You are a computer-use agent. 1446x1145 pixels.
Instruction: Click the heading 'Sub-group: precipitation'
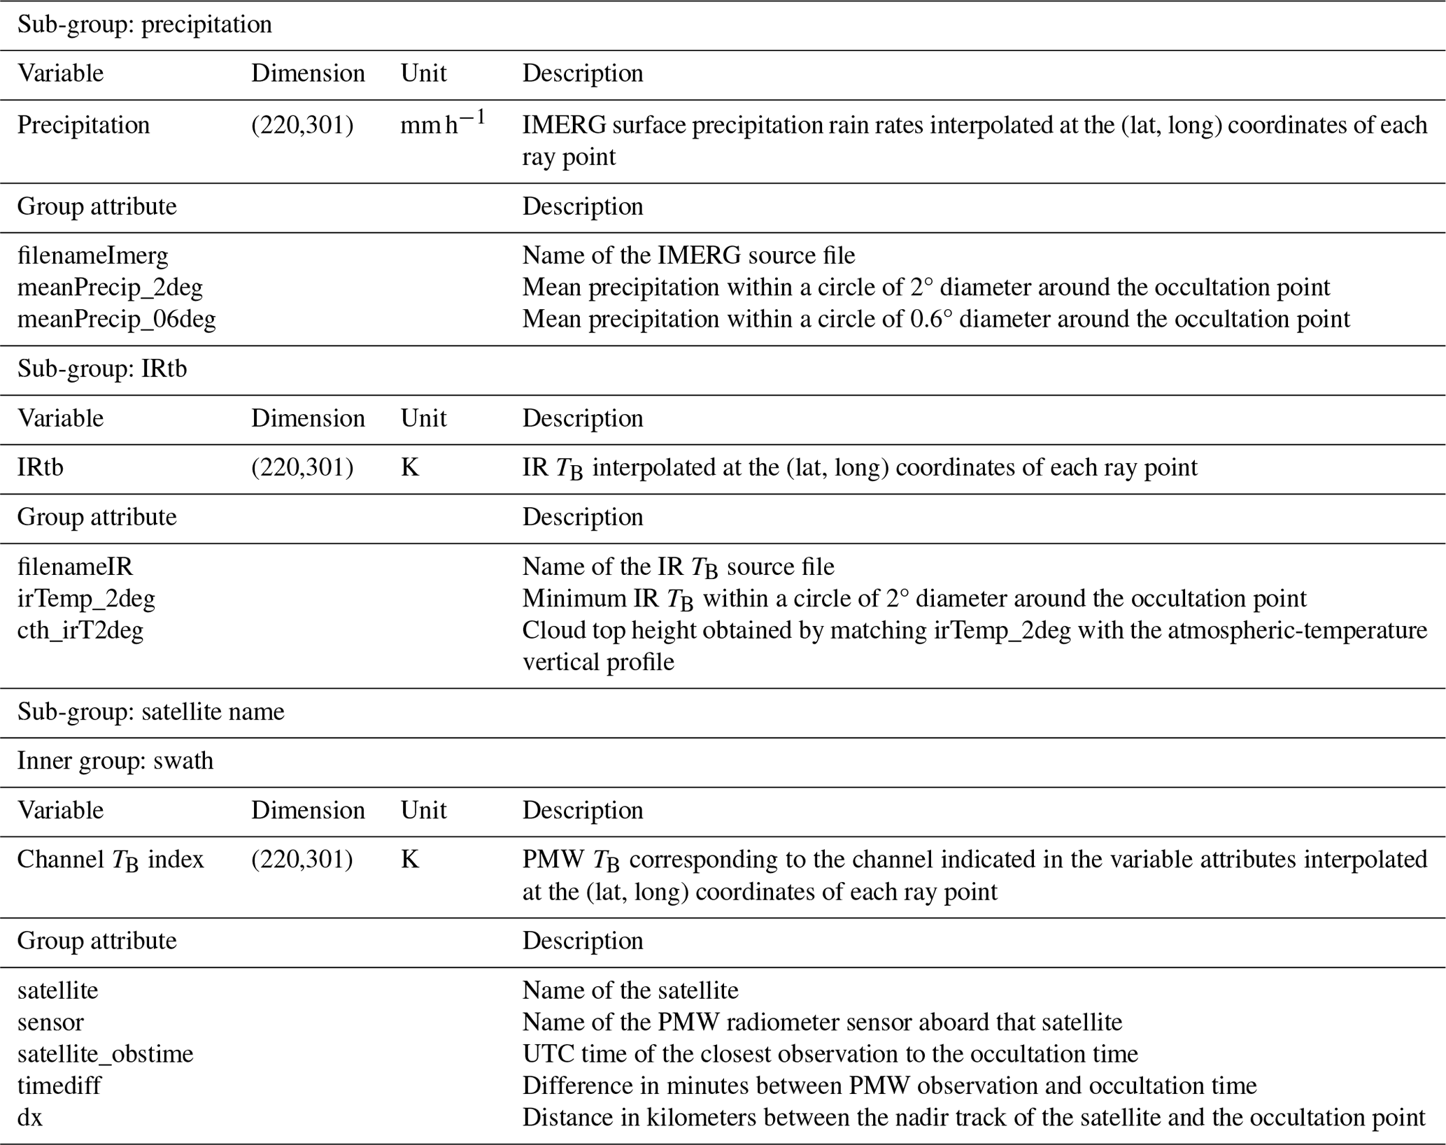click(144, 24)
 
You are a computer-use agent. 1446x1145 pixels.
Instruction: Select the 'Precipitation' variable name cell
click(83, 125)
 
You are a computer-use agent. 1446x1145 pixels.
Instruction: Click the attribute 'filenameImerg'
click(92, 255)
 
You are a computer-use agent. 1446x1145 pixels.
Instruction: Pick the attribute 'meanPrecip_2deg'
click(110, 287)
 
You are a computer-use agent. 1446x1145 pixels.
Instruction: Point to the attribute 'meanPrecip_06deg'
click(116, 319)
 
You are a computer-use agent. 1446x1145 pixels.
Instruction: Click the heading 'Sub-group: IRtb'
click(102, 369)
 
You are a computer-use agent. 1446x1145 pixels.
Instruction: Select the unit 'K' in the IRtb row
click(409, 467)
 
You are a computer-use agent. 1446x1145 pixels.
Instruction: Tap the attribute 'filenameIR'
click(75, 566)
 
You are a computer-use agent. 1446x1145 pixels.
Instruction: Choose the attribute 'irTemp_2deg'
click(86, 598)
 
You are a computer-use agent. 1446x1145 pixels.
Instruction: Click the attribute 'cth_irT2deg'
click(80, 630)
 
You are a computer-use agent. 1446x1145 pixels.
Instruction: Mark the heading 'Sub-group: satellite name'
click(150, 711)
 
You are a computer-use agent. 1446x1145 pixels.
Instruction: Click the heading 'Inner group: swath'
click(115, 760)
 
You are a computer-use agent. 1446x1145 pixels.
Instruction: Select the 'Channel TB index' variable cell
click(110, 860)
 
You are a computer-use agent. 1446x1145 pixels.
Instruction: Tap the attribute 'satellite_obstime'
click(105, 1053)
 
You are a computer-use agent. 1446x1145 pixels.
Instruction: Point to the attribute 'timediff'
click(59, 1086)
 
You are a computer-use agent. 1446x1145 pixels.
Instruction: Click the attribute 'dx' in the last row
click(30, 1117)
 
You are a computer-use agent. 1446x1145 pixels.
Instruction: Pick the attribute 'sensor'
click(50, 1022)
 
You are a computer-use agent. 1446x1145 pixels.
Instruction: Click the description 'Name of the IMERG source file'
click(688, 255)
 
